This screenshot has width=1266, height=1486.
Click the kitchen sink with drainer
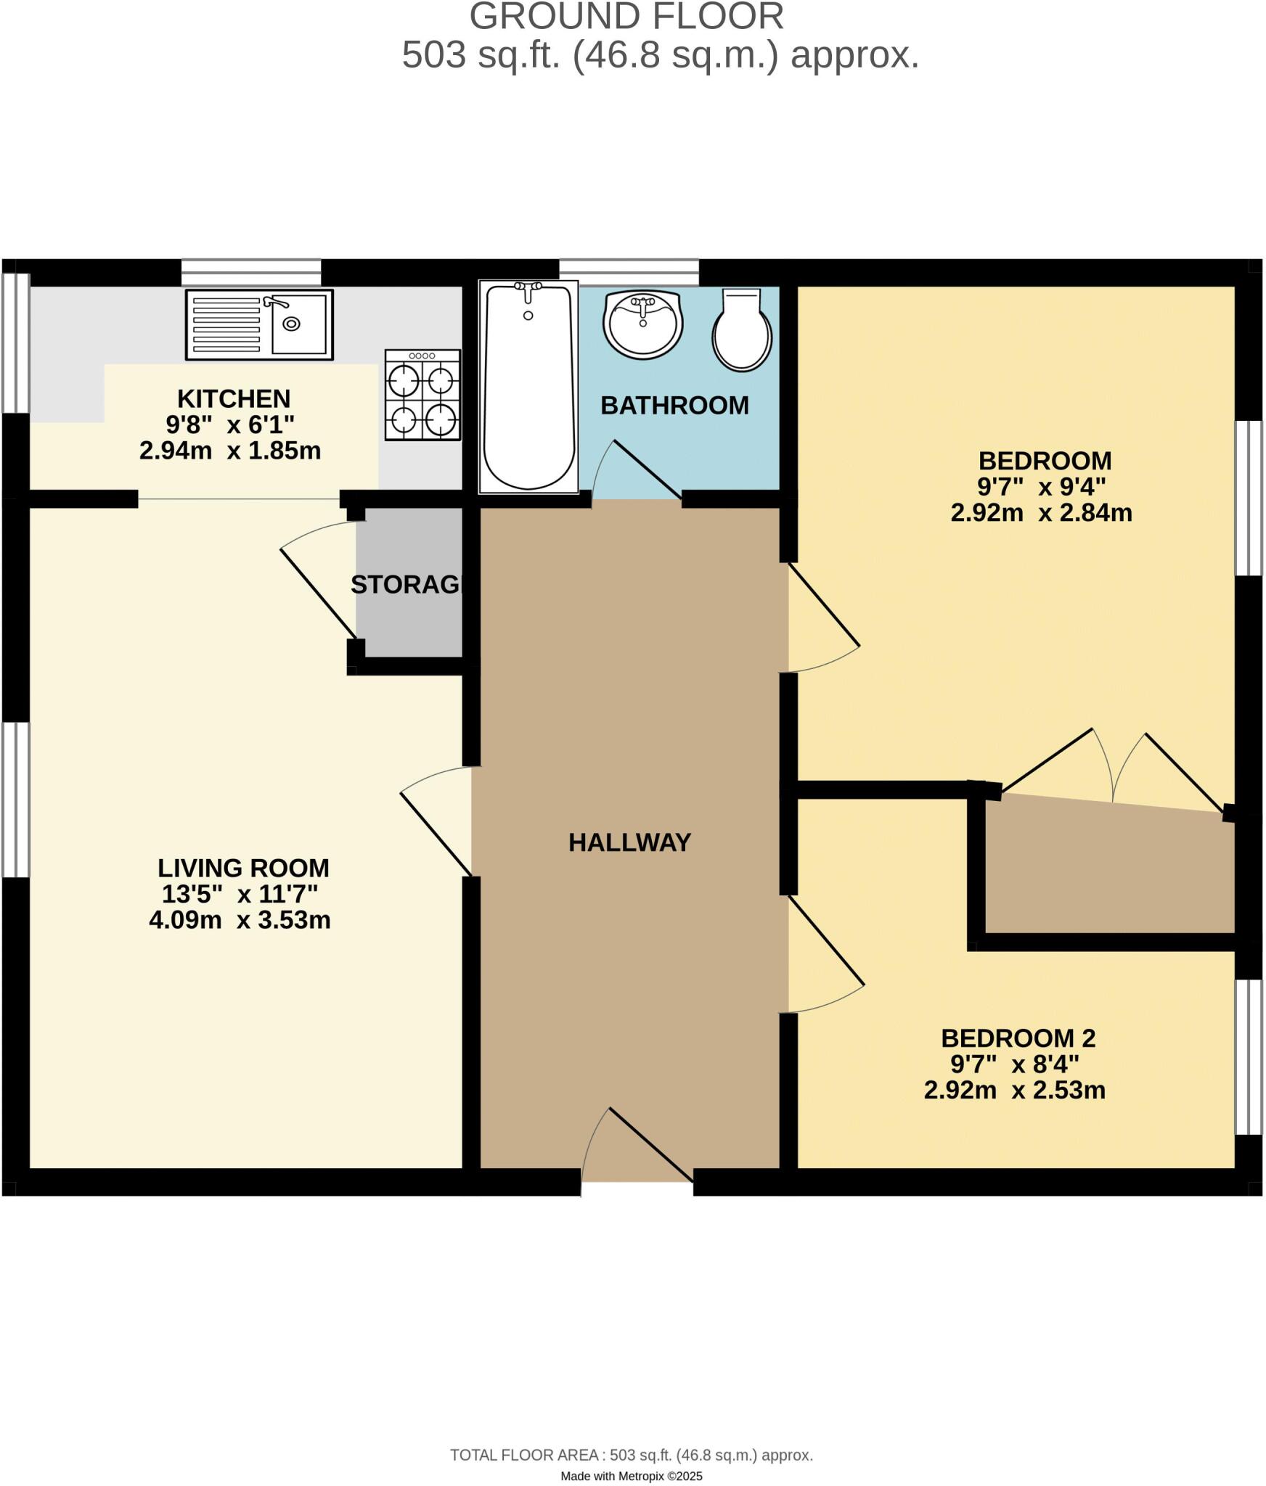coord(259,324)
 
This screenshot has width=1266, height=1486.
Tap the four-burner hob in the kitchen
coord(422,395)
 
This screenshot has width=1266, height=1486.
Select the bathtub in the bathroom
coord(528,387)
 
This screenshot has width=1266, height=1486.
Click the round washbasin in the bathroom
coord(642,324)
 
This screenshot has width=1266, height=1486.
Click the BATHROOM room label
coord(674,406)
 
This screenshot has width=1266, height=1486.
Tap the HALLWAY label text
coord(629,842)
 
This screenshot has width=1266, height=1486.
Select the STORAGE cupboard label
coord(407,584)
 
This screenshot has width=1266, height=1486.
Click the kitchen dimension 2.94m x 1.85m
coord(230,451)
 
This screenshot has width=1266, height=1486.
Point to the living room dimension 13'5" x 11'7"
coord(240,893)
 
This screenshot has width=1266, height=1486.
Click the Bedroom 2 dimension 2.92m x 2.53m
coord(1014,1090)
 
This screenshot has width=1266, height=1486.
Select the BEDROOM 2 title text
coord(1018,1038)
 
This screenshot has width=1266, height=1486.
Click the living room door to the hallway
coord(436,820)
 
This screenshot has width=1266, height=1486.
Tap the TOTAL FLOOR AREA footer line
coord(632,1455)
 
